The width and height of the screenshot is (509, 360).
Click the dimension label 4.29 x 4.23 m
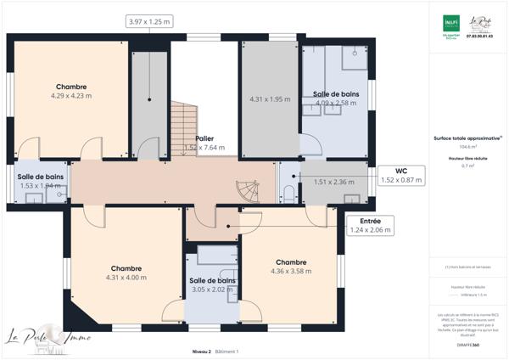point(71,96)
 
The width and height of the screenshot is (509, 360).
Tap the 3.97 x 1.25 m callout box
point(150,21)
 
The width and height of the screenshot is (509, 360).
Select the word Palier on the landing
point(204,138)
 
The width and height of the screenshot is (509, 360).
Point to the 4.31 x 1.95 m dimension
point(270,99)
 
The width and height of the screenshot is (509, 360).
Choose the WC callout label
point(400,170)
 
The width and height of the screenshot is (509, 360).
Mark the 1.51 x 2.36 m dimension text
point(333,181)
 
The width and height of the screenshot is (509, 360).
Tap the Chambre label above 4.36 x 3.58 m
point(290,262)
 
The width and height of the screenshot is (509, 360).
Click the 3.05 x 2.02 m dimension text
point(212,289)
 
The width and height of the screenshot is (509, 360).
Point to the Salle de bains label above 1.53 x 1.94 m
point(40,177)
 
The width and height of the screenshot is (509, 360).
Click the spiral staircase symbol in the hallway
point(246,190)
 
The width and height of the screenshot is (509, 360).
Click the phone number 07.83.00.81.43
point(481,37)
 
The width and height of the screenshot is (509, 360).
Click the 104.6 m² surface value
point(466,147)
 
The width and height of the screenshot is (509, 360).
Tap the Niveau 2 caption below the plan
point(201,351)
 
